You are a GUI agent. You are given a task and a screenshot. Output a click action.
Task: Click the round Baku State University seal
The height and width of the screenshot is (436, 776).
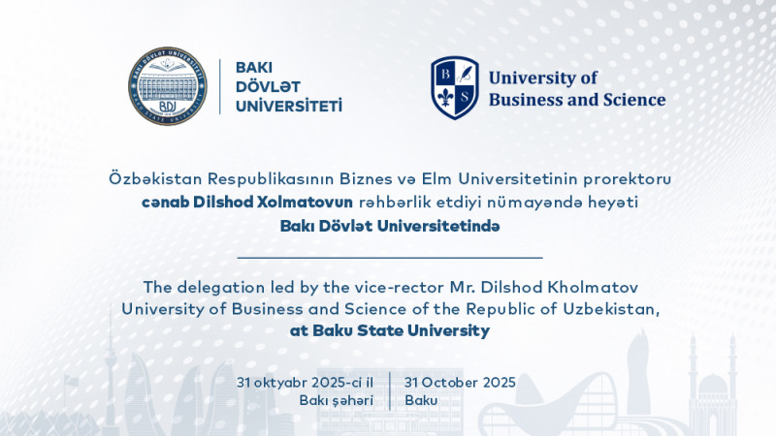point(167,85)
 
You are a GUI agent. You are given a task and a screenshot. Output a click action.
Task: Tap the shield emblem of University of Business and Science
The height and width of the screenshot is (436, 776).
point(455,88)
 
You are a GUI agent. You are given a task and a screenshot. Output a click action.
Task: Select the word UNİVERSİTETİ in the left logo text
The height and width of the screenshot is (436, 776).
point(289,105)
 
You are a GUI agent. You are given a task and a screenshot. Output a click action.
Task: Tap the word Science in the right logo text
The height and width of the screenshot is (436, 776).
point(633,99)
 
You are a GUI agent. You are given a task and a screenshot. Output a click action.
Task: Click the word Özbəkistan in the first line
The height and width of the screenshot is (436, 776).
point(143,179)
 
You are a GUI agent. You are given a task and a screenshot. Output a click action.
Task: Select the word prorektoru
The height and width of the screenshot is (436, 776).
point(629,179)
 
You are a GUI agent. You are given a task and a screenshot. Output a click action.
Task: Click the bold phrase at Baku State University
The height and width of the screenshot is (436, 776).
point(389,331)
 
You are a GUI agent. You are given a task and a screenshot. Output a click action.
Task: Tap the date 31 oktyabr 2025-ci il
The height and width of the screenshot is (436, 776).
point(305,382)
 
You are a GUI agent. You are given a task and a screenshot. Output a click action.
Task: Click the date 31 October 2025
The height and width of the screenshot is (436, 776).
point(460,382)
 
